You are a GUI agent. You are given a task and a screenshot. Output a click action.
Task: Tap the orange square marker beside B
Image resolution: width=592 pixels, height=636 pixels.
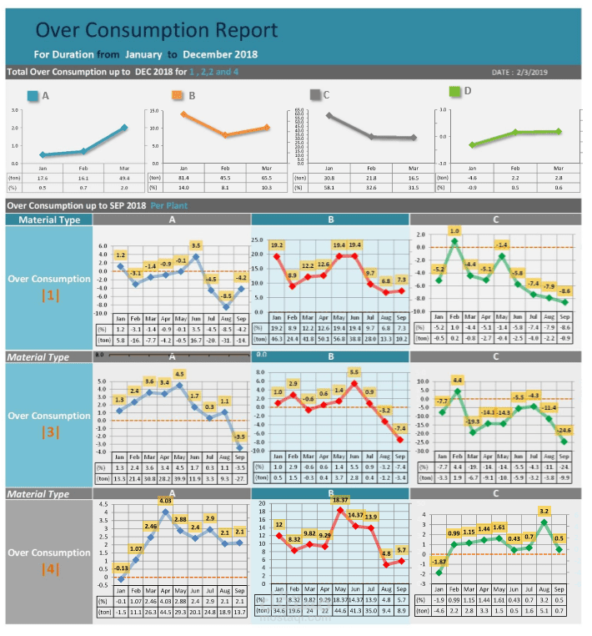[x=177, y=95]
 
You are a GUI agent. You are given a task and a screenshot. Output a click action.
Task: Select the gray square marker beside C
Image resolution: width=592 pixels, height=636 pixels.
[x=314, y=94]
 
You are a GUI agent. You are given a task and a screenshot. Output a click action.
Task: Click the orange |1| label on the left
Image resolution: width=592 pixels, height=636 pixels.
[x=48, y=295]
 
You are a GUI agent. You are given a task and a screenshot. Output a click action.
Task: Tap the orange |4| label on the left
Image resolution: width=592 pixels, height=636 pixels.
[x=48, y=569]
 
